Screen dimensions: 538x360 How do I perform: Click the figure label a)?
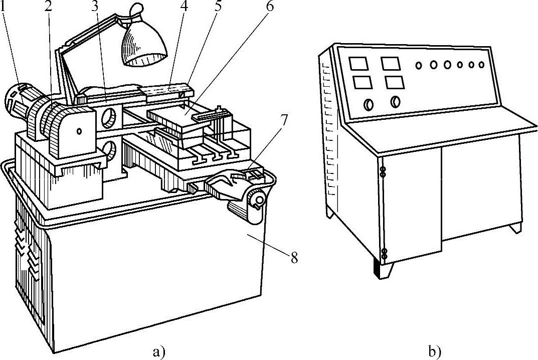coord(158,351)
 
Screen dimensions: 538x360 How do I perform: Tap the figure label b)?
coord(434,351)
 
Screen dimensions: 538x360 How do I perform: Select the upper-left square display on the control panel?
coord(358,64)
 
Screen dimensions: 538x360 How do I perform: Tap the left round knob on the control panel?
coord(369,104)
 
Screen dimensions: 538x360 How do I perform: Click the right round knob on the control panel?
coord(395,101)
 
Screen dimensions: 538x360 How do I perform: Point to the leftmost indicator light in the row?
coord(418,65)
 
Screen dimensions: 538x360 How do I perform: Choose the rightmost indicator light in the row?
coord(481,65)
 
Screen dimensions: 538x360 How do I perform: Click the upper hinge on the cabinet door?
coord(383,172)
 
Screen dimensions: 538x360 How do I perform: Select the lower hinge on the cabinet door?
coord(384,254)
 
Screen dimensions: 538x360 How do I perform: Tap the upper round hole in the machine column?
coord(110,118)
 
